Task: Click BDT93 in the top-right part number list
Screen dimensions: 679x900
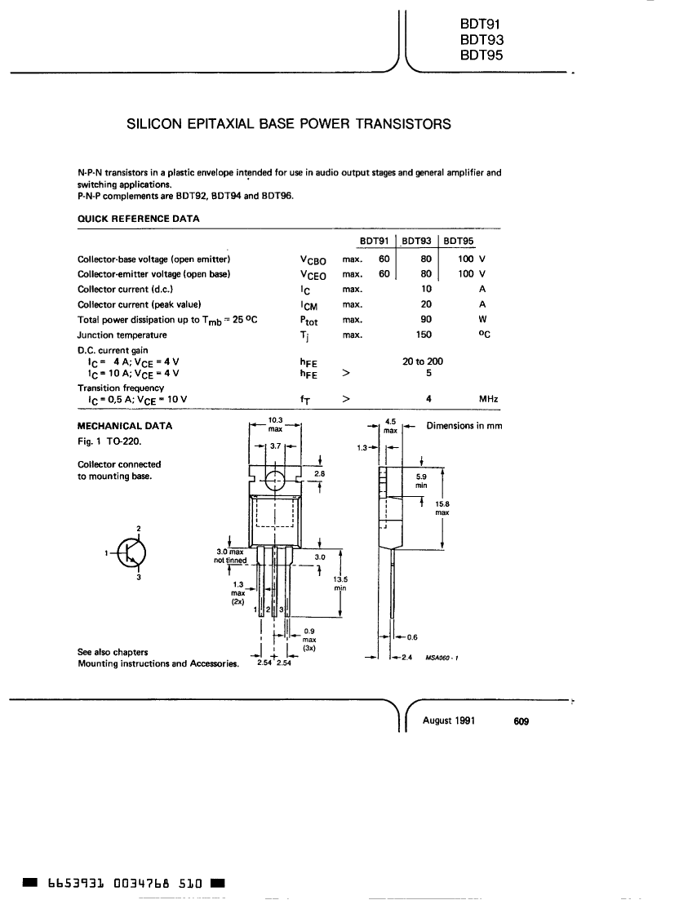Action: coord(482,40)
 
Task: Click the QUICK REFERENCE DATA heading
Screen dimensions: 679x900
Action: coord(138,219)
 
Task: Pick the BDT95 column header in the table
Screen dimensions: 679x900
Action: coord(459,241)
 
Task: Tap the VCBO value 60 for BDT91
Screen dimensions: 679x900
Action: coord(384,259)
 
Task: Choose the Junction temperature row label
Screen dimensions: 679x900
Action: coord(122,335)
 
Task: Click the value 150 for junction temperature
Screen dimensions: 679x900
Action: coord(424,335)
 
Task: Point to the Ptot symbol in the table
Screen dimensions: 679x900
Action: coord(308,321)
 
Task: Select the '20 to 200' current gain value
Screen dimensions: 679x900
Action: coord(423,361)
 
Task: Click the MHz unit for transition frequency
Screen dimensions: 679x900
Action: coord(489,399)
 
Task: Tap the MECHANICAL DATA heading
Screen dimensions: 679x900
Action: coord(125,426)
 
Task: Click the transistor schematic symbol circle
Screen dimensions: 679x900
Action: coord(132,552)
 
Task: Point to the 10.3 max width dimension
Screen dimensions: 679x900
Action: coord(276,424)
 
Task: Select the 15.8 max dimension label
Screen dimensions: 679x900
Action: coord(442,508)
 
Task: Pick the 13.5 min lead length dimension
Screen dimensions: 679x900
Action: coord(341,583)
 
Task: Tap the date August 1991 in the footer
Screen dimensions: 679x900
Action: coord(449,721)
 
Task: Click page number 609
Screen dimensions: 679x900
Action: coord(521,721)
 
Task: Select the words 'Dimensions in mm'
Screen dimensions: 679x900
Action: coord(464,426)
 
